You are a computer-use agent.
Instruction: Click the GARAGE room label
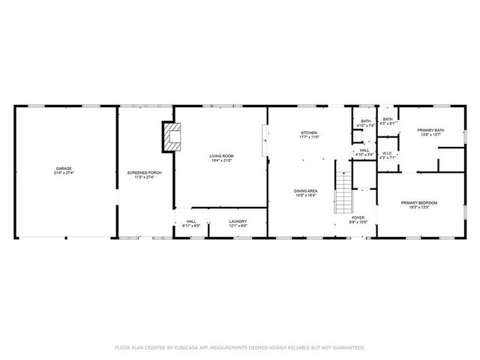(x=64, y=168)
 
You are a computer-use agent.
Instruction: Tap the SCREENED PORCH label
(x=144, y=172)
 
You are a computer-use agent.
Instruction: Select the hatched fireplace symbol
(x=173, y=137)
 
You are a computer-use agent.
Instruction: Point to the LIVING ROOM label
(x=221, y=155)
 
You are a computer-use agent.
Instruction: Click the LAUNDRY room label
(x=237, y=221)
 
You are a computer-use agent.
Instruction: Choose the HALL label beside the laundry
(x=191, y=221)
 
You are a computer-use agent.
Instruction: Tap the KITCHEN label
(x=309, y=133)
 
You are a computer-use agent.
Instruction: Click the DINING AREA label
(x=305, y=190)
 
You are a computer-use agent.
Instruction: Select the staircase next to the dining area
(x=343, y=190)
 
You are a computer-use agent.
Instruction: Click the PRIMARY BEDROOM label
(x=418, y=202)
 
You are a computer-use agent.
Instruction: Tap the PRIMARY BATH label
(x=430, y=130)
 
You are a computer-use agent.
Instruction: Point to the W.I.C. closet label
(x=387, y=153)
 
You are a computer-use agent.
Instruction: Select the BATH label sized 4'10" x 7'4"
(x=365, y=121)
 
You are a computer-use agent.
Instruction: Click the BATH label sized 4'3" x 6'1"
(x=387, y=119)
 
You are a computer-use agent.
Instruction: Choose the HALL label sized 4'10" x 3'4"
(x=364, y=150)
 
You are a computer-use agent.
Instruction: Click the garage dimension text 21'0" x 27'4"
(x=64, y=172)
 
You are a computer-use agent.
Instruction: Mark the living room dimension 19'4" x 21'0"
(x=221, y=160)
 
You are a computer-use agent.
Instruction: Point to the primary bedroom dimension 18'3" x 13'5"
(x=418, y=207)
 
